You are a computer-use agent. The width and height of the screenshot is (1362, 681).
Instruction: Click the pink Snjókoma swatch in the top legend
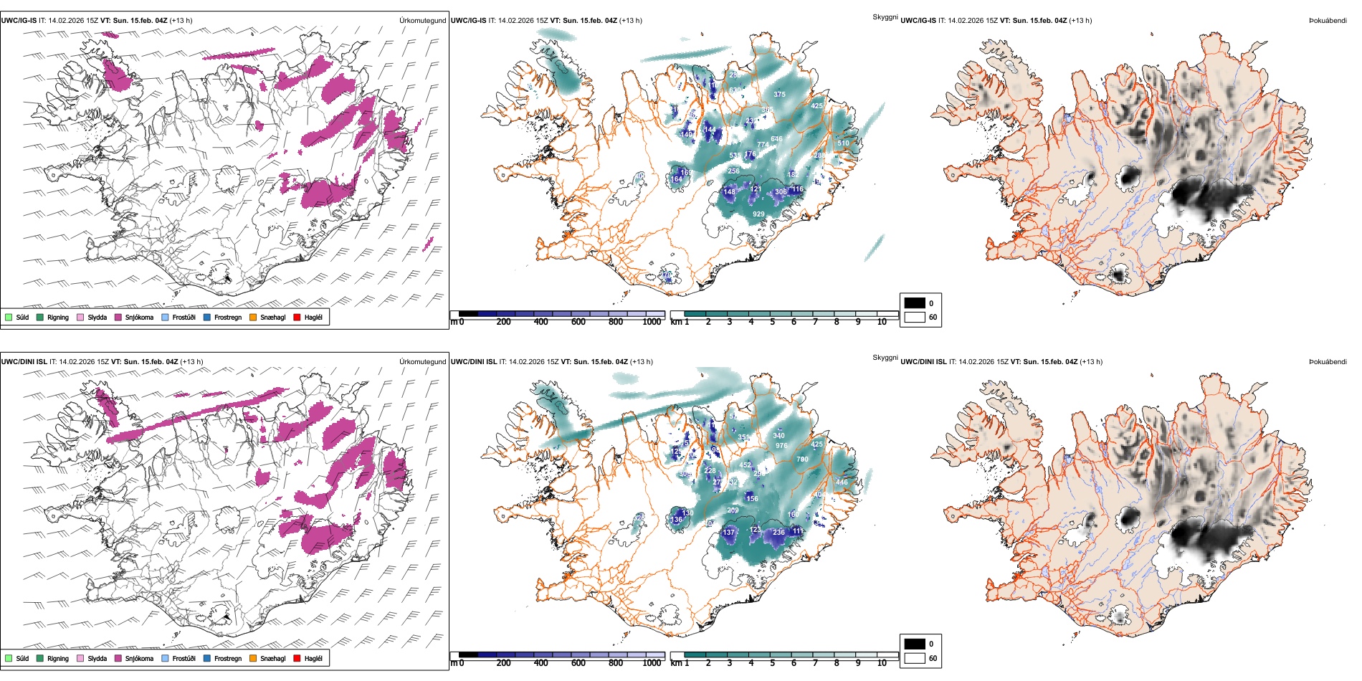click(118, 317)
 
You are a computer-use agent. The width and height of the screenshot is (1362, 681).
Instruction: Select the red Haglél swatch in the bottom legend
click(297, 658)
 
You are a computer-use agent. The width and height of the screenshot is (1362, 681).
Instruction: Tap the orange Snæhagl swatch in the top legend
click(253, 317)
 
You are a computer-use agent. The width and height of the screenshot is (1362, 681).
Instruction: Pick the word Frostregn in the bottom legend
click(227, 658)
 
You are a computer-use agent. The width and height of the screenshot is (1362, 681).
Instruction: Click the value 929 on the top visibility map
click(758, 214)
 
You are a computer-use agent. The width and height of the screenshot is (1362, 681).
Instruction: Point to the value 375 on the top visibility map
click(779, 95)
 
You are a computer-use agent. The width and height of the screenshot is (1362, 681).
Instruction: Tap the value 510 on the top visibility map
click(843, 143)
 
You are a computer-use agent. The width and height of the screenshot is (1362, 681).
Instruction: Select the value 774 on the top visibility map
click(763, 145)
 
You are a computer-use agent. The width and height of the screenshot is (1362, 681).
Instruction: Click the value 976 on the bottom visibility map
click(781, 446)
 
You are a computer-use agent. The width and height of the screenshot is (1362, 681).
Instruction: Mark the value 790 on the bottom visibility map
click(802, 459)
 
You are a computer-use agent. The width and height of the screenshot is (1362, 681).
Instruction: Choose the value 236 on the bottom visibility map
click(778, 533)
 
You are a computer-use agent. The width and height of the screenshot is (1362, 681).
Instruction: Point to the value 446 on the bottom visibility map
click(842, 482)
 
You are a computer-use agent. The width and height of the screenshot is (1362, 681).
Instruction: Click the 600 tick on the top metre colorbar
click(578, 322)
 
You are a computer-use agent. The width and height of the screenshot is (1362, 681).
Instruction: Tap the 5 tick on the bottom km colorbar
click(772, 663)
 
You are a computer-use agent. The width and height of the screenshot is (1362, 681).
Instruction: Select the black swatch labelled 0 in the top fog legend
click(915, 303)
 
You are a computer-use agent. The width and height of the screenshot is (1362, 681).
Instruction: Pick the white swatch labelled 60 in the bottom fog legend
click(915, 658)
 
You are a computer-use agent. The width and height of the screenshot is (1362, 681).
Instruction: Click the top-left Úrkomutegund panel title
click(422, 21)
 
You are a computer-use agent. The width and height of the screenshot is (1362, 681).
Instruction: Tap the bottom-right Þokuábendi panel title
click(1328, 362)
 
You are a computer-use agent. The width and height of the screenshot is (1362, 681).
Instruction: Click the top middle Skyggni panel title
click(885, 17)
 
